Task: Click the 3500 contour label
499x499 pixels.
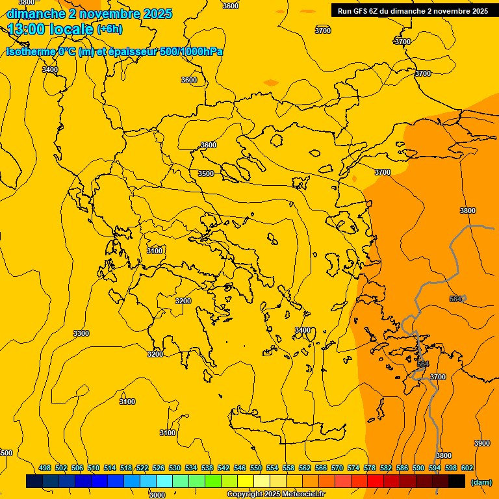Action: pyautogui.click(x=206, y=173)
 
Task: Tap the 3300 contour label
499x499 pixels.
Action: pyautogui.click(x=81, y=333)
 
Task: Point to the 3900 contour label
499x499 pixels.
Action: pyautogui.click(x=482, y=443)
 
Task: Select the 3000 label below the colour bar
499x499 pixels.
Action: pyautogui.click(x=157, y=495)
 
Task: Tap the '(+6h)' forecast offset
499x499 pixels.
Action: pyautogui.click(x=109, y=29)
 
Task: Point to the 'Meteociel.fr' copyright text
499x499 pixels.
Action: pyautogui.click(x=300, y=494)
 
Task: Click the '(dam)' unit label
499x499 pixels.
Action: pyautogui.click(x=481, y=482)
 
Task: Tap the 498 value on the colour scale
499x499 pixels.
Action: pyautogui.click(x=45, y=468)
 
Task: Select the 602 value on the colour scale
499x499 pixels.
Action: pyautogui.click(x=467, y=468)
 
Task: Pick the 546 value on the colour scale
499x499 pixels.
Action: pyautogui.click(x=240, y=468)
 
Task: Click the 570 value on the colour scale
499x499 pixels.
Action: pyautogui.click(x=337, y=468)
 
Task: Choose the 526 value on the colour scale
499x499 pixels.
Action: pyautogui.click(x=159, y=468)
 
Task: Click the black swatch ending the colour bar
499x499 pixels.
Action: pyautogui.click(x=457, y=481)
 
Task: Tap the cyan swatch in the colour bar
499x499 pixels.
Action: pyautogui.click(x=164, y=481)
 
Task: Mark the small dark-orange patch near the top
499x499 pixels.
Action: pyautogui.click(x=270, y=83)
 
